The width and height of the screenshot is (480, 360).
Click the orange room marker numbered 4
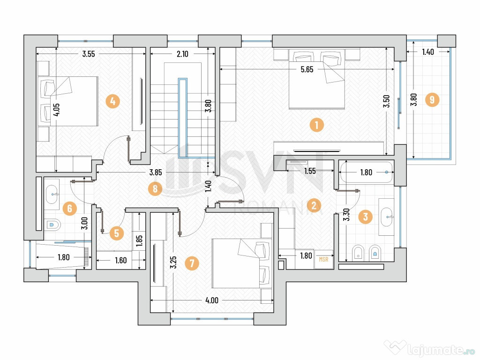click(112, 101)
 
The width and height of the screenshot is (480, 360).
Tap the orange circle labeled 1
click(316, 125)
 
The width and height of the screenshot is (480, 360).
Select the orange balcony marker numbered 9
click(432, 99)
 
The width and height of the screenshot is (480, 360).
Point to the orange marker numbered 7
click(192, 263)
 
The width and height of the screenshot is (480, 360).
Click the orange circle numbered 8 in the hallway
click(155, 188)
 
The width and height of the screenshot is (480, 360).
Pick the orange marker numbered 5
click(116, 233)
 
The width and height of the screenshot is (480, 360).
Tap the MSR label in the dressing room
click(323, 259)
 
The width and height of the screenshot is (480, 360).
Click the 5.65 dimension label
click(307, 69)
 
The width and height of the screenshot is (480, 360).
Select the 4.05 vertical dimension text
click(56, 110)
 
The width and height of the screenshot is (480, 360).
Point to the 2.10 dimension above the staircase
click(182, 54)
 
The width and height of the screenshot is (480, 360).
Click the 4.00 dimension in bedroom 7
click(212, 300)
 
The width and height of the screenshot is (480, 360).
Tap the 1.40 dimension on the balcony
click(428, 52)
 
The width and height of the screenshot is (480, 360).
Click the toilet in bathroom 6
click(52, 225)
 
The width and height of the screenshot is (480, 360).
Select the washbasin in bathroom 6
click(52, 195)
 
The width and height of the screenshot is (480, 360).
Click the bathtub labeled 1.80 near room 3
click(366, 172)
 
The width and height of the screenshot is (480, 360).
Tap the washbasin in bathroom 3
click(387, 217)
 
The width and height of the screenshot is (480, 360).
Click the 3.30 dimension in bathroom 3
click(346, 215)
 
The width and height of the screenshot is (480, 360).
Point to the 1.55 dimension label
click(310, 171)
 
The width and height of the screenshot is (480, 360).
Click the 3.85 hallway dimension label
click(156, 172)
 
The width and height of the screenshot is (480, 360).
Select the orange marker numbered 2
click(314, 205)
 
